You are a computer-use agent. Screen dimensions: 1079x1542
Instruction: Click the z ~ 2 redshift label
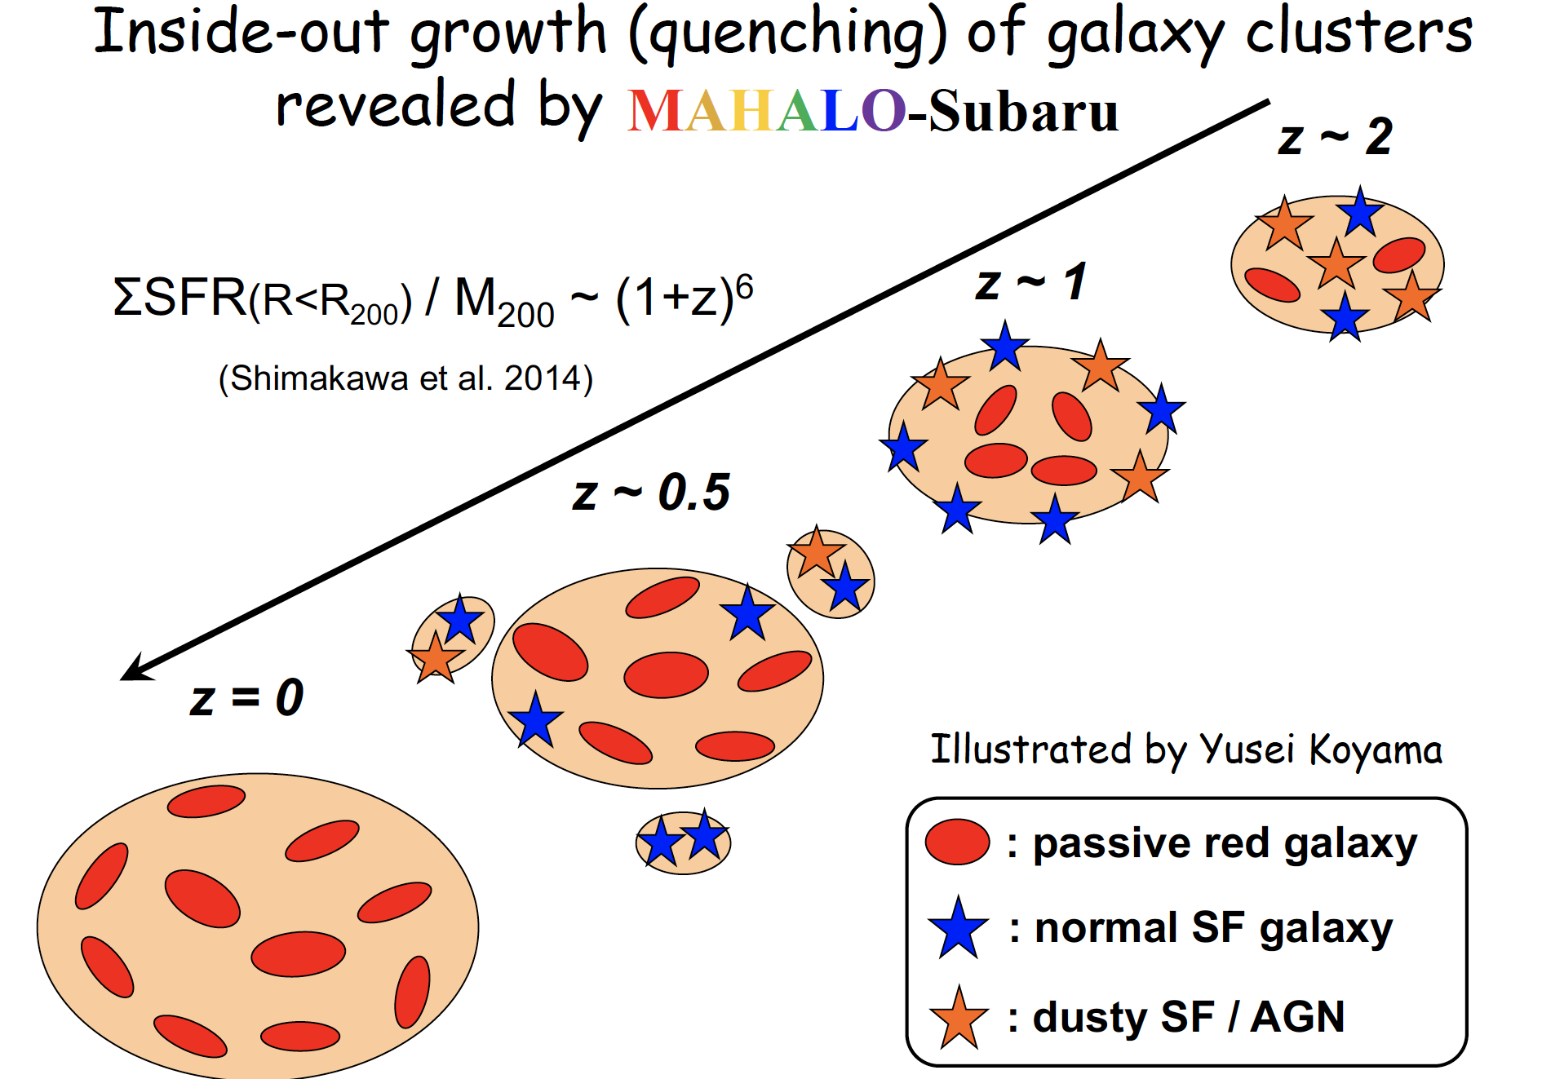(1335, 137)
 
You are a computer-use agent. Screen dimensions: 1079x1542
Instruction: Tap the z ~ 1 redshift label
(1030, 283)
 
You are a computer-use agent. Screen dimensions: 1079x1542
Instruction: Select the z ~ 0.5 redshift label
(651, 493)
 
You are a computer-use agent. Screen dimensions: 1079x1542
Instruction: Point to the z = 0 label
(246, 698)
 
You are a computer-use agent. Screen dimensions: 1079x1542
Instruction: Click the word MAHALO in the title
(766, 111)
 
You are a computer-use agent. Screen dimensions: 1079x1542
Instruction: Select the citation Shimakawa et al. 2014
(405, 378)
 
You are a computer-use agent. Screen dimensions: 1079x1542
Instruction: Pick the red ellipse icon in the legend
(957, 842)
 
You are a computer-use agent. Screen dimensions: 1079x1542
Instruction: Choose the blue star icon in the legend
(958, 928)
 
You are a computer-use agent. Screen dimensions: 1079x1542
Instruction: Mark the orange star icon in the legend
(959, 1017)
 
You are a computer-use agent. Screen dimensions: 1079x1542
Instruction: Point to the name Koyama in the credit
(1376, 749)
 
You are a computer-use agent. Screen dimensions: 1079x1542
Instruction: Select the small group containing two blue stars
(683, 841)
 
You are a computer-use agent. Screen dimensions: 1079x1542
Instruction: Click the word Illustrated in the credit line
(1031, 749)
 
